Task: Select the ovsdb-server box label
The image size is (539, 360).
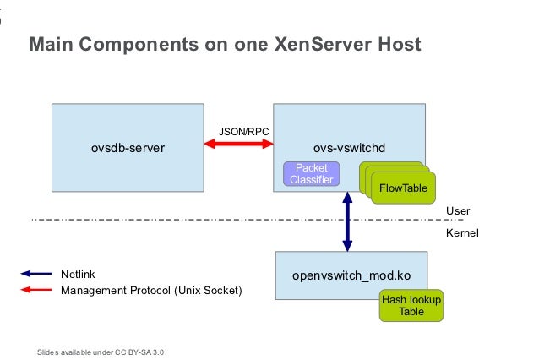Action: [x=128, y=148]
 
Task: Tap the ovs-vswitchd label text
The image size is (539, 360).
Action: [x=350, y=148]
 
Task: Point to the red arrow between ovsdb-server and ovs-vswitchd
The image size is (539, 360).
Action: [x=238, y=146]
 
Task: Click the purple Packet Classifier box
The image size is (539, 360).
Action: [x=311, y=174]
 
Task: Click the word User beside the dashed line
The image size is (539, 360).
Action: [x=457, y=210]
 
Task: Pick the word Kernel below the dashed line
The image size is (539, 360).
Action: [x=461, y=232]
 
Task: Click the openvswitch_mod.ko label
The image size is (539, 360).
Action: [x=351, y=276]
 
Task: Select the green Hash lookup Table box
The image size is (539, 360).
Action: [x=411, y=306]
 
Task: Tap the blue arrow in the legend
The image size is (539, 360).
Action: [x=37, y=274]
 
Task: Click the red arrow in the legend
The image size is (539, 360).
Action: [x=37, y=291]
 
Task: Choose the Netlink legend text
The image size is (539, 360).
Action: [x=78, y=274]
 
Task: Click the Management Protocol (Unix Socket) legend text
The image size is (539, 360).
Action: [x=151, y=291]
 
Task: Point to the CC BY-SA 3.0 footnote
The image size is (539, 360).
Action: [x=101, y=351]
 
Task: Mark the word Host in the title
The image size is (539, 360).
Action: [x=397, y=43]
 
